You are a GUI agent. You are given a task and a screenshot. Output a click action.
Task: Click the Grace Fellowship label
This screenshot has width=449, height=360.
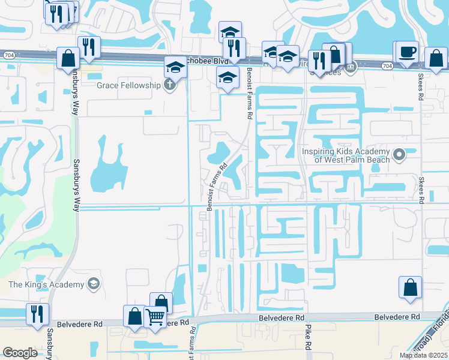pyautogui.click(x=129, y=85)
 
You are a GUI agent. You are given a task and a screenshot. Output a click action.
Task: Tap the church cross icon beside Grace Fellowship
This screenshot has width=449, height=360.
pyautogui.click(x=170, y=85)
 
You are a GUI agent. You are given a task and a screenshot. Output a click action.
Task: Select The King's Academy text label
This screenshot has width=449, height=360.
pyautogui.click(x=46, y=283)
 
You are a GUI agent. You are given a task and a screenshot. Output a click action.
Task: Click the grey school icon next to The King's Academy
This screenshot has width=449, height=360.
pyautogui.click(x=93, y=283)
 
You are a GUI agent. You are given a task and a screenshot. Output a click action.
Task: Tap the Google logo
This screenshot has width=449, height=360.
pyautogui.click(x=20, y=353)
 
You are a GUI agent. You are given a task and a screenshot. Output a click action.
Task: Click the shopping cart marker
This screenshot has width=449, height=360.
pyautogui.click(x=155, y=316)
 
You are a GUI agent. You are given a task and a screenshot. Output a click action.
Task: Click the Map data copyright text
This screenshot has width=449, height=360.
pyautogui.click(x=423, y=355)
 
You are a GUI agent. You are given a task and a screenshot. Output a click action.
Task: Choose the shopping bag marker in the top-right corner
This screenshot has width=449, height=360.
pyautogui.click(x=436, y=59)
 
